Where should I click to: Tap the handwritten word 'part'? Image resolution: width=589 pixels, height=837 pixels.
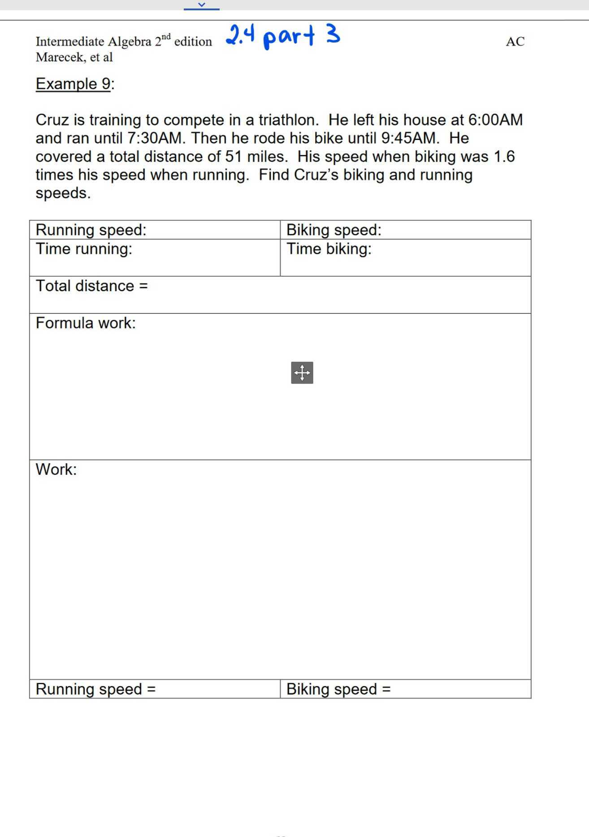(x=289, y=36)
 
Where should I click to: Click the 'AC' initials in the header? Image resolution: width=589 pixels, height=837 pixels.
(x=515, y=42)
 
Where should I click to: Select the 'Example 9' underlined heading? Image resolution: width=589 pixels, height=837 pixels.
(x=73, y=84)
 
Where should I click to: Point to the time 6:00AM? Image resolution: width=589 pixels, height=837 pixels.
(x=495, y=120)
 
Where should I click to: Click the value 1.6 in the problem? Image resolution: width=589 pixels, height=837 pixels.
(x=504, y=157)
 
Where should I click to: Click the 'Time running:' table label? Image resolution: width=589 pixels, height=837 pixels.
(x=84, y=248)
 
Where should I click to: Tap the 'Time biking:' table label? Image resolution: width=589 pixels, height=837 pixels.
(x=329, y=248)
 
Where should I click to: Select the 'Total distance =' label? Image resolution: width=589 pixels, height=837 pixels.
(x=91, y=286)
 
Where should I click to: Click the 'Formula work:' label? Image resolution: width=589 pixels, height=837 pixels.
(x=86, y=323)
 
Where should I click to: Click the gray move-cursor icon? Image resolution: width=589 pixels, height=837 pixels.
(x=302, y=373)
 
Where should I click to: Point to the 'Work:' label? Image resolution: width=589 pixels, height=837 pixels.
(x=56, y=469)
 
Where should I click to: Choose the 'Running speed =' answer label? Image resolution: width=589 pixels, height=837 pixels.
(x=95, y=689)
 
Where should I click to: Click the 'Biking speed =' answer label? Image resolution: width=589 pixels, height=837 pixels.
(x=338, y=689)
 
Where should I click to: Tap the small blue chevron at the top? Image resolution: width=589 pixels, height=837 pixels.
(x=202, y=4)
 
